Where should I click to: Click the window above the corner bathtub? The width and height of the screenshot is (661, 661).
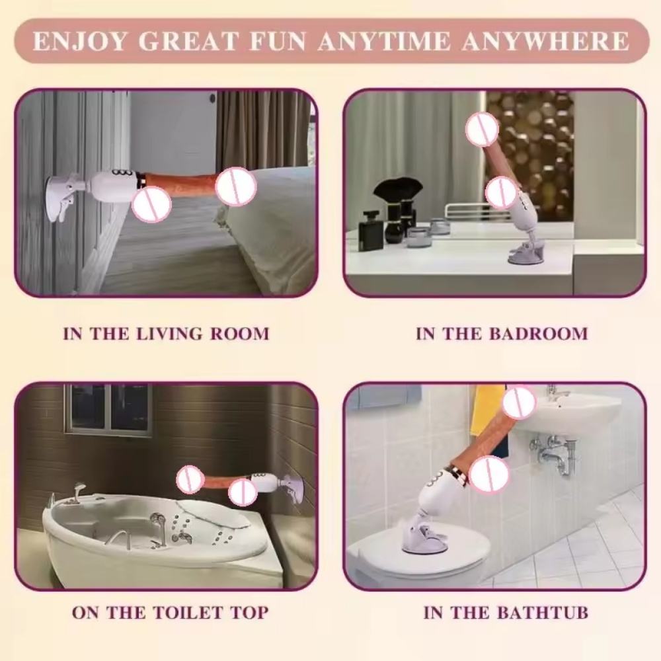pyautogui.click(x=108, y=409)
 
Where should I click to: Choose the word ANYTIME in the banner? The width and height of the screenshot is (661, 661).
pyautogui.click(x=384, y=41)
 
